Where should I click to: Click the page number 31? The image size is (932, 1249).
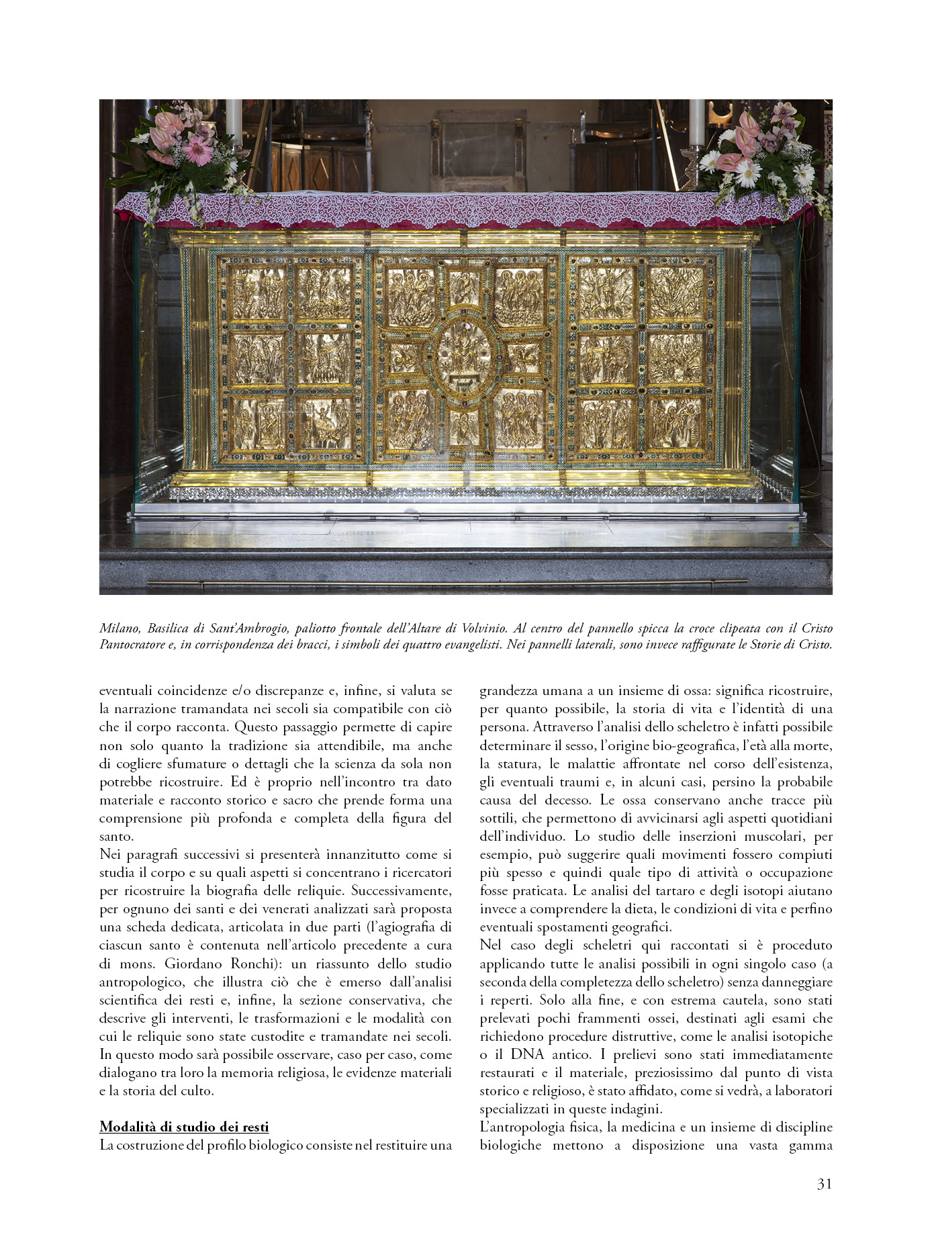(x=824, y=1184)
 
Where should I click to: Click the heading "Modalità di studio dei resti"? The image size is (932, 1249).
(x=184, y=1126)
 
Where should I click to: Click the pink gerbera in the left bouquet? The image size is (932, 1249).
(x=199, y=150)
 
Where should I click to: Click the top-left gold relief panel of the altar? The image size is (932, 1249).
(x=258, y=293)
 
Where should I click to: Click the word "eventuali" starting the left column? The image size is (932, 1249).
(x=126, y=690)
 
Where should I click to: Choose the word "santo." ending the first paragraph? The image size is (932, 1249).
(x=117, y=836)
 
